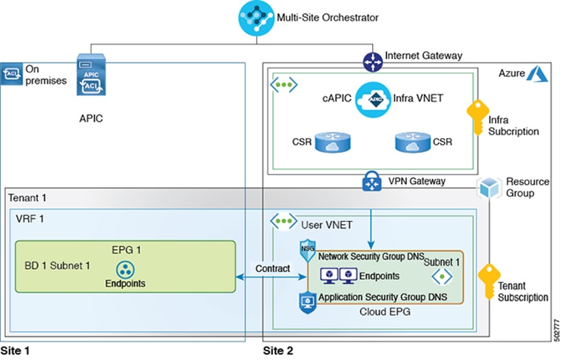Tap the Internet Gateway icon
[x=371, y=62]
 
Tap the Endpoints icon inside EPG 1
[x=124, y=269]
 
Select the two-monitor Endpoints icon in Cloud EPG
[x=337, y=276]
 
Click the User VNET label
[x=326, y=222]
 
